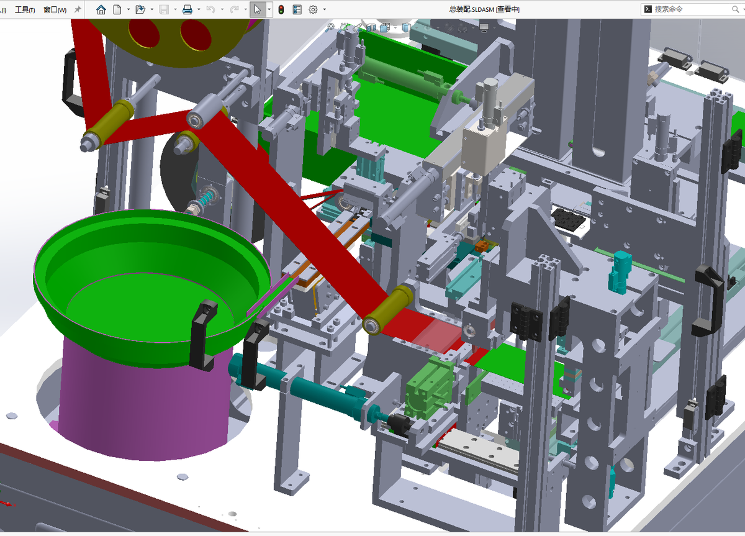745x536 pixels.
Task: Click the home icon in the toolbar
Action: pyautogui.click(x=101, y=10)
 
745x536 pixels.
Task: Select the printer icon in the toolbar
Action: pyautogui.click(x=187, y=10)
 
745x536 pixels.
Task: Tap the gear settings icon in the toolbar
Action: pyautogui.click(x=313, y=10)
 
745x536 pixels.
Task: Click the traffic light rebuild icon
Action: pyautogui.click(x=281, y=10)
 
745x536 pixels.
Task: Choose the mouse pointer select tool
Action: pyautogui.click(x=258, y=10)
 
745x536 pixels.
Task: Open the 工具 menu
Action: pyautogui.click(x=25, y=10)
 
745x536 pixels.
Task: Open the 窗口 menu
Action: pyautogui.click(x=55, y=10)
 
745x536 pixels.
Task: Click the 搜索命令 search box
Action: pyautogui.click(x=692, y=9)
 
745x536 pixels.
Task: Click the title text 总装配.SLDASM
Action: pyautogui.click(x=472, y=9)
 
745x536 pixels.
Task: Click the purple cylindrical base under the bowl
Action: pyautogui.click(x=143, y=399)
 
